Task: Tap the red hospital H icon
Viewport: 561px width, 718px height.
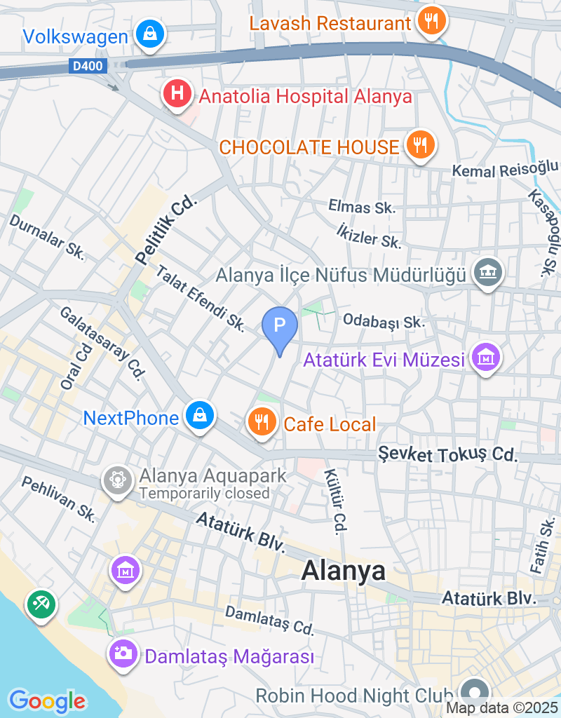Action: point(177,94)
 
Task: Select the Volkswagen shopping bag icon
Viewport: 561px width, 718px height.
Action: point(149,34)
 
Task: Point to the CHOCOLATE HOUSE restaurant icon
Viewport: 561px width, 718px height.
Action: point(420,145)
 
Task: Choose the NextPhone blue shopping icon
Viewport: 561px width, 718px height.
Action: point(200,416)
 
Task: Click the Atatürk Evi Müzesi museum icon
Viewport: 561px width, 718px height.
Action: point(487,358)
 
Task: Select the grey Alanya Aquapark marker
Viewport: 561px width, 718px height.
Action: point(117,480)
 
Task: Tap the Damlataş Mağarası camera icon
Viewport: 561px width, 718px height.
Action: point(123,654)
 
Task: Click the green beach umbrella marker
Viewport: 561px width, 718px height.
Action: point(41,604)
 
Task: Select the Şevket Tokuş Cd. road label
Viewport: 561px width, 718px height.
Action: point(447,454)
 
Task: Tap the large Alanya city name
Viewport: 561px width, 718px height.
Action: point(344,571)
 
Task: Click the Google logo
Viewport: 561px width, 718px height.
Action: point(48,700)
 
